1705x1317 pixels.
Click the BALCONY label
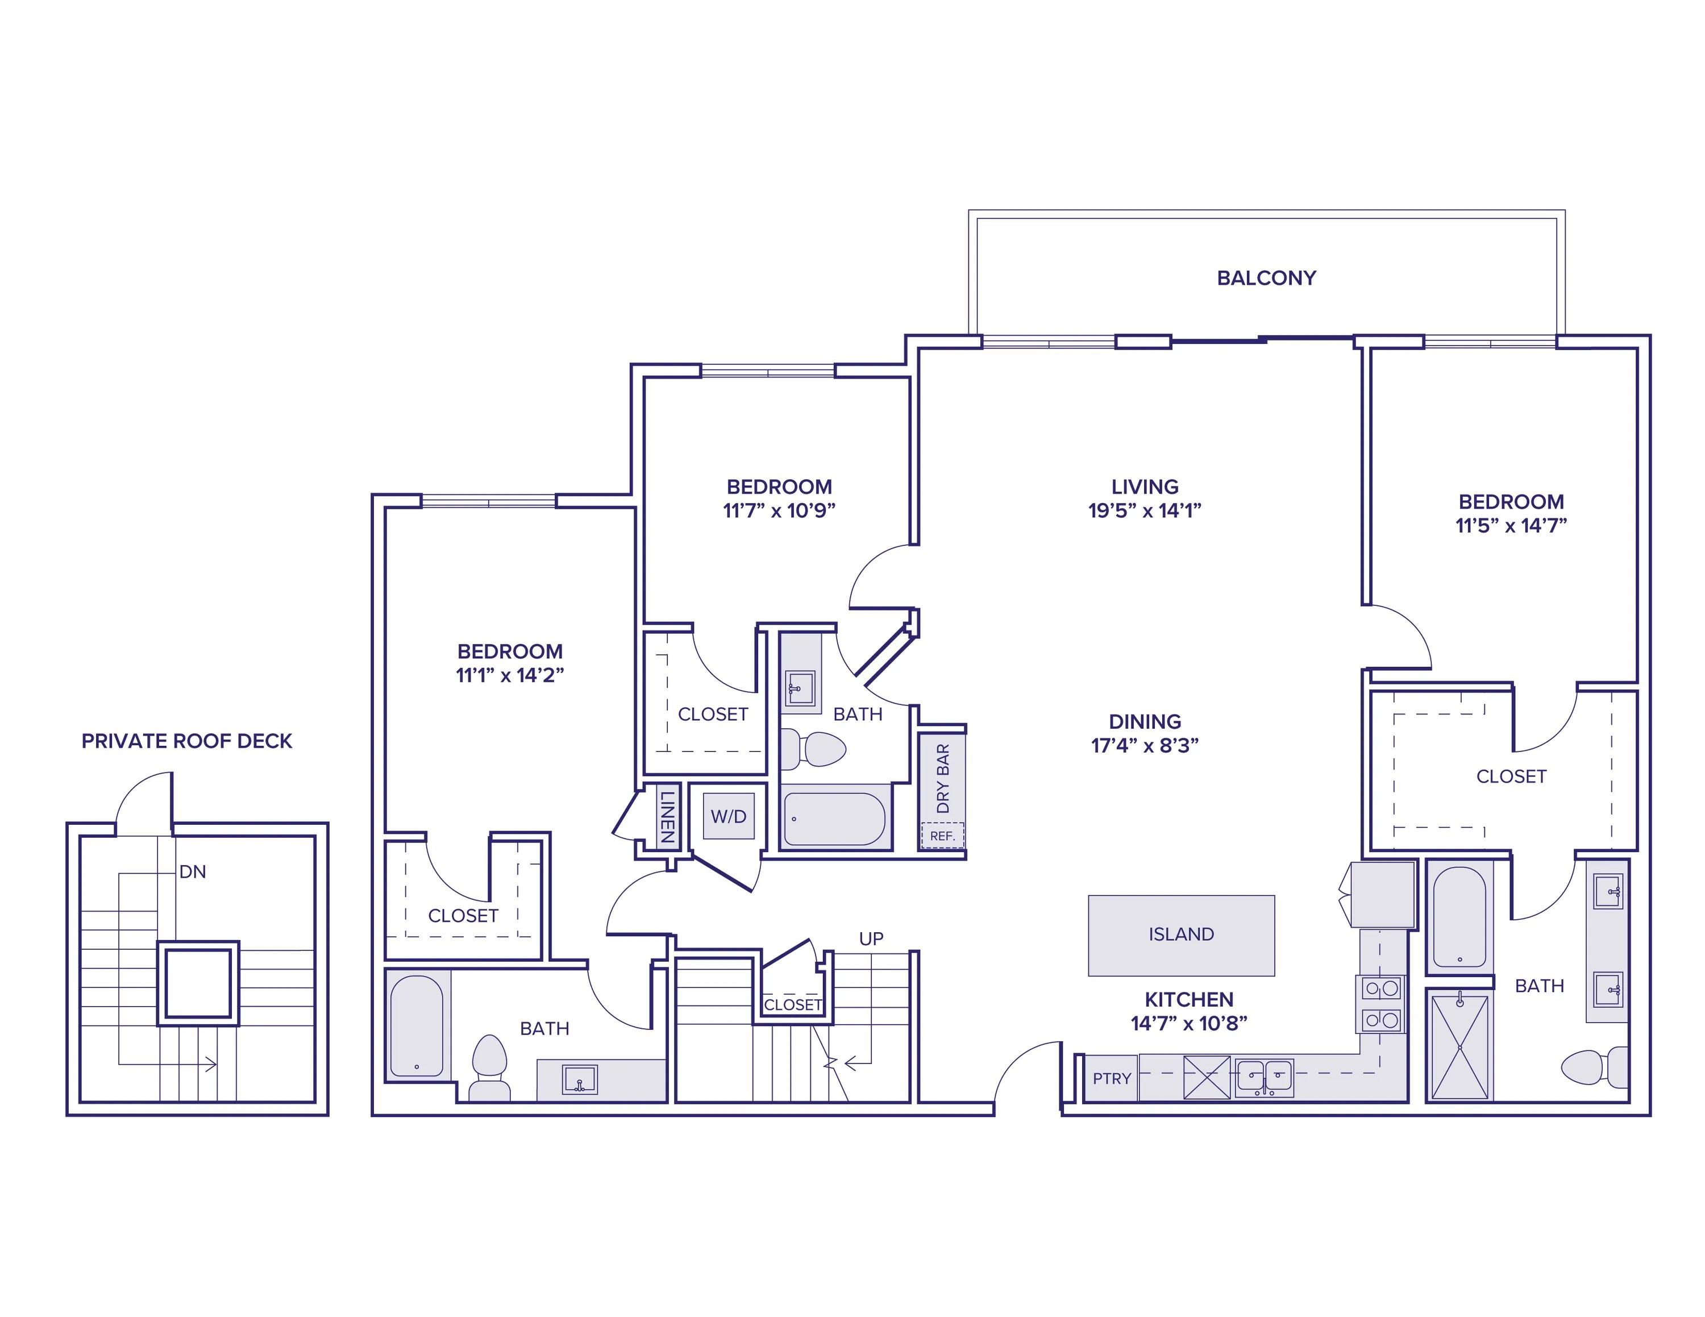1266,278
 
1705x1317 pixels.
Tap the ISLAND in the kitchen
1180,934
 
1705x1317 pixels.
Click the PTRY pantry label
1111,1079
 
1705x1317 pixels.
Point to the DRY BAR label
942,778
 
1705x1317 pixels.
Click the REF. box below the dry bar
942,836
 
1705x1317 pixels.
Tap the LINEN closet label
667,816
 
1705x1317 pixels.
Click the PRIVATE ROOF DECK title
186,741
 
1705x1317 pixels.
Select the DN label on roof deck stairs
192,872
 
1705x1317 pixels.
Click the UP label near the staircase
871,939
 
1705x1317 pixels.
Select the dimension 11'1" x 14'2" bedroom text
509,675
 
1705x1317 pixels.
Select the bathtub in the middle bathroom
834,819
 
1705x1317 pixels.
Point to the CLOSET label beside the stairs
792,1005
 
